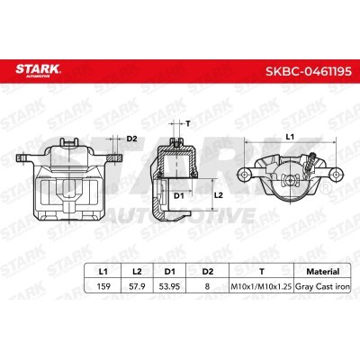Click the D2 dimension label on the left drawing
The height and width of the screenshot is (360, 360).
tap(130, 138)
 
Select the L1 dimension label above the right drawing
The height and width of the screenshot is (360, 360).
tap(290, 136)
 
